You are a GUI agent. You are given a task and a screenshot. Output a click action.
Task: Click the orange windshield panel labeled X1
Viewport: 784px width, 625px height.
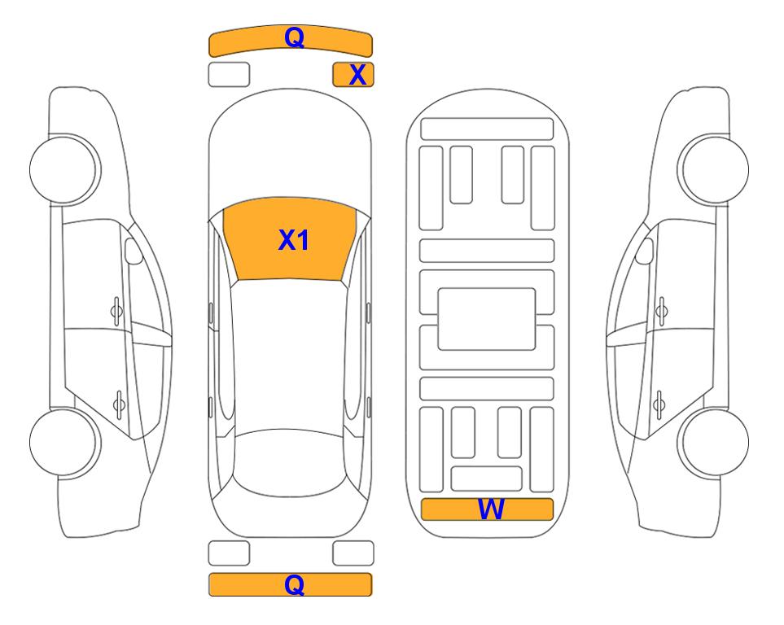point(290,239)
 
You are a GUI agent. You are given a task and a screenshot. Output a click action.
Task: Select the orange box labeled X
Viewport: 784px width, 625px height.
point(353,75)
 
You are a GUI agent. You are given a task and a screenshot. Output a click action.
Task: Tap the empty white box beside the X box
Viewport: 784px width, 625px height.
point(229,75)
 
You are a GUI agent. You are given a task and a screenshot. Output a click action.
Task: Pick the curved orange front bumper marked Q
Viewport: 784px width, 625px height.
point(290,41)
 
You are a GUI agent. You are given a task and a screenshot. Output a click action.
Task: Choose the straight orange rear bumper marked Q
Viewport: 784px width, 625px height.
point(290,584)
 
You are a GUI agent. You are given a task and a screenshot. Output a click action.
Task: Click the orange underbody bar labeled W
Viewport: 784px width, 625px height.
point(487,509)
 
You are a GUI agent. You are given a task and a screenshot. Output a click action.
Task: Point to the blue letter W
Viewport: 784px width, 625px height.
point(490,509)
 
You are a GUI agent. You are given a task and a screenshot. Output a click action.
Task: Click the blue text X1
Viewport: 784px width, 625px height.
point(294,240)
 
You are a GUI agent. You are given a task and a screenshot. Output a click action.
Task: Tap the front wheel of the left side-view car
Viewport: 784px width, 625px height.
point(64,169)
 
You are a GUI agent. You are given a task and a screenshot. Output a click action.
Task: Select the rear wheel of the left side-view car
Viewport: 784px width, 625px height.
point(64,442)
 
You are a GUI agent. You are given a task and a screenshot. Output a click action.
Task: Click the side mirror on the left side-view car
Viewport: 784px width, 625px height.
point(133,251)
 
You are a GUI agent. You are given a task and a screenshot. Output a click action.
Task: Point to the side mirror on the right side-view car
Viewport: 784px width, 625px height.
point(645,251)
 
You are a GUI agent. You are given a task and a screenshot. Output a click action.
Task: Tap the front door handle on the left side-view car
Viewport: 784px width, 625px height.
point(116,312)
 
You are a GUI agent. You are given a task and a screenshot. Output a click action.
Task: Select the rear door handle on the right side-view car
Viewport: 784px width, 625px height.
point(660,404)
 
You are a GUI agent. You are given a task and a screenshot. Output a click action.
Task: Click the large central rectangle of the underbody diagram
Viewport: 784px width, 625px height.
point(487,319)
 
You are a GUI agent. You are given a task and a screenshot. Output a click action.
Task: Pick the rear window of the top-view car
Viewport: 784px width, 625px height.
point(290,463)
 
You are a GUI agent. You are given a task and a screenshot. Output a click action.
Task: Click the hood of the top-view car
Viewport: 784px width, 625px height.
point(290,150)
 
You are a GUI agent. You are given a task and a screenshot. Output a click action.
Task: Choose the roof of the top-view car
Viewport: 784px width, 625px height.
point(289,356)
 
